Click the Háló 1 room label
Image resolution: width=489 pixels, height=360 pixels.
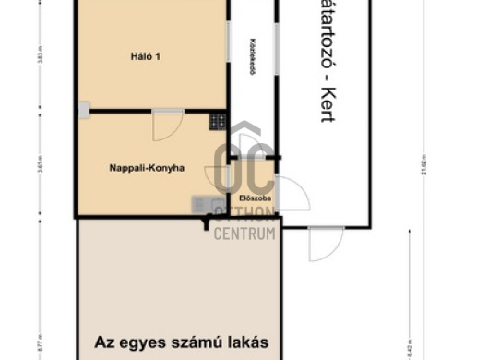145,56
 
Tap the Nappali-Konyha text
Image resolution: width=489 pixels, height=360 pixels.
147,168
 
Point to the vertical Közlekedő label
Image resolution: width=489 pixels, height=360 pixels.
251,57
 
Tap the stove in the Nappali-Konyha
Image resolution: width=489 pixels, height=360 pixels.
217,120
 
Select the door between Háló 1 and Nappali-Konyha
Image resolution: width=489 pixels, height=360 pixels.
167,124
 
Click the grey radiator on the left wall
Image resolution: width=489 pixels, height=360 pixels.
83,111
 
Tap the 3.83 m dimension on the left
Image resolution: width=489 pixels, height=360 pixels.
40,56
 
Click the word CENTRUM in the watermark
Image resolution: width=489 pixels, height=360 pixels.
244,234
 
